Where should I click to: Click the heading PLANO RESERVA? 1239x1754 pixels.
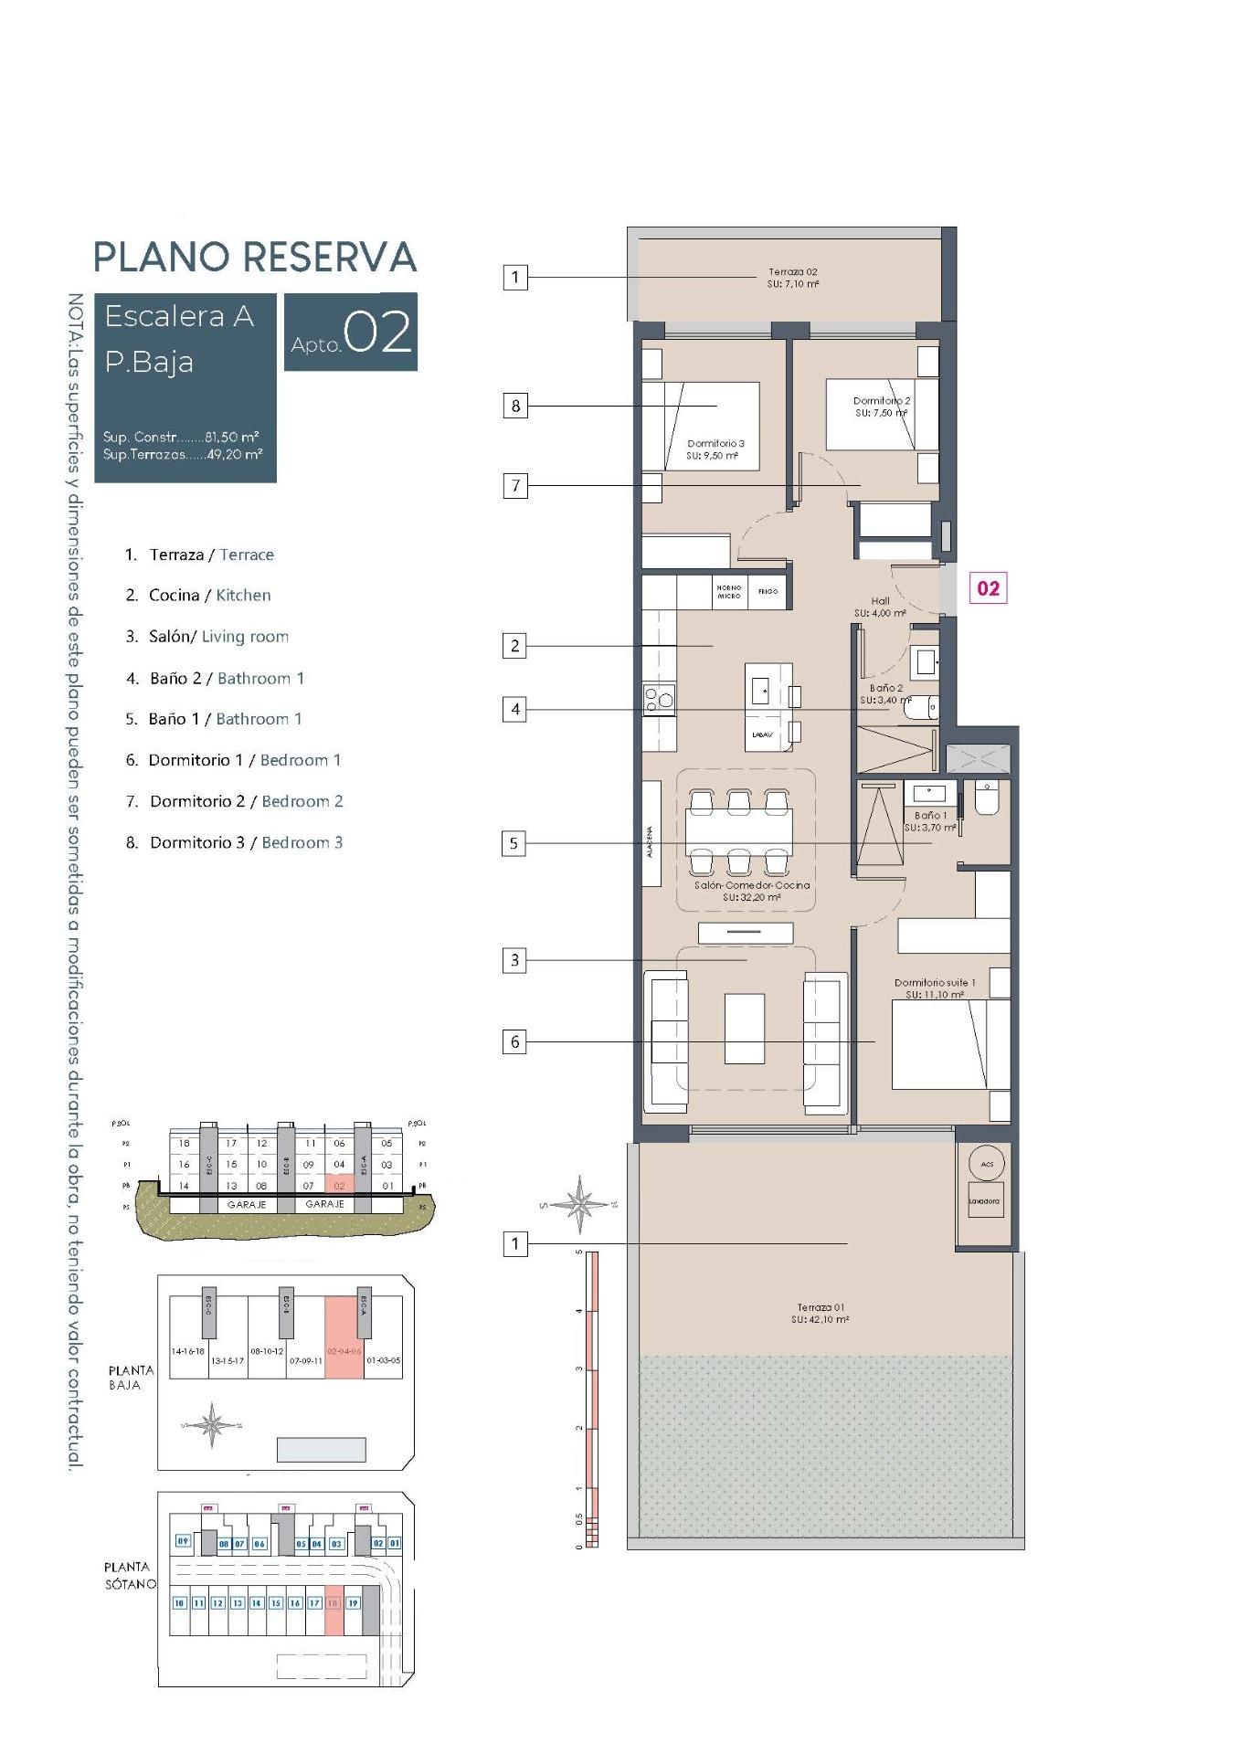coord(255,258)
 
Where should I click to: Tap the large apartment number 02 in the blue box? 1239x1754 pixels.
coord(377,333)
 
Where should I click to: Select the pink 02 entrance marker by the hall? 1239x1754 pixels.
coord(988,588)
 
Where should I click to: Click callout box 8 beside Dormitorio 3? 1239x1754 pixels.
coord(515,406)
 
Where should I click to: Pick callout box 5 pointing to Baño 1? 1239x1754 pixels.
coord(514,843)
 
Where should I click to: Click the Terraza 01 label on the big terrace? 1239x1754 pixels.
coord(820,1313)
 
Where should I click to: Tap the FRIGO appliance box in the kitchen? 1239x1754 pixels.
coord(768,592)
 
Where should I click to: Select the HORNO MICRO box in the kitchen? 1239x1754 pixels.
coord(729,592)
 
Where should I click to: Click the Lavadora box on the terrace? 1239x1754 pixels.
coord(984,1201)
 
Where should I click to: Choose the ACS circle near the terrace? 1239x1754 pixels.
coord(987,1164)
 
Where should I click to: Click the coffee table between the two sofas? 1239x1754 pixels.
coord(745,1029)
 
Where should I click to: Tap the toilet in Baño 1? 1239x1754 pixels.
coord(987,798)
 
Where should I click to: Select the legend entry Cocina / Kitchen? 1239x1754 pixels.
coord(209,596)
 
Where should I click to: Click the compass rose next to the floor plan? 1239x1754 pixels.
coord(579,1203)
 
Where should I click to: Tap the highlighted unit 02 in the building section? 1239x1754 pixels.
coord(339,1186)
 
